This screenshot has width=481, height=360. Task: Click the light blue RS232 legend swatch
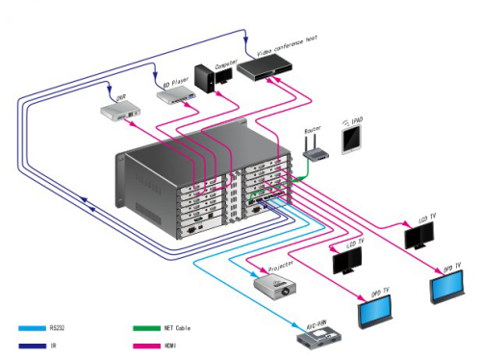point(31,327)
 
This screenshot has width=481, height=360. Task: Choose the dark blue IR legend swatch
point(31,344)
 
